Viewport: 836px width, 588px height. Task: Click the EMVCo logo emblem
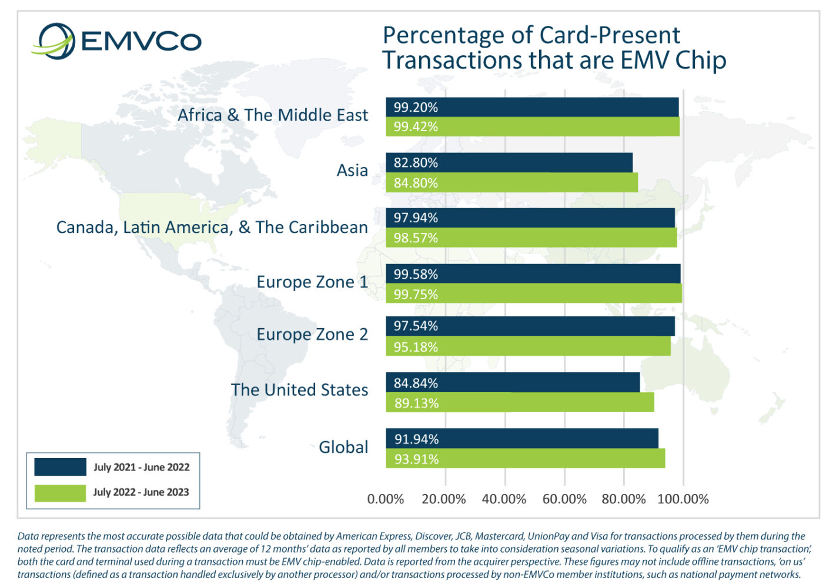coord(54,41)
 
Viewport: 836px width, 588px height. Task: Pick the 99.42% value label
coord(416,127)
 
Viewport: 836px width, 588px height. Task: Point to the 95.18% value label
coord(416,347)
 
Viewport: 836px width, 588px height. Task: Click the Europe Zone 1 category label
coord(312,282)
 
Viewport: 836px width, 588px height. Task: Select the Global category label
coord(343,447)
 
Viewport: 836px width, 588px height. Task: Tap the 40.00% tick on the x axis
coord(504,499)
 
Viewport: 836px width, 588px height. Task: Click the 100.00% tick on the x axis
coord(683,499)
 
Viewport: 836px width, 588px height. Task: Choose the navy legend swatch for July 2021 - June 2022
coord(60,467)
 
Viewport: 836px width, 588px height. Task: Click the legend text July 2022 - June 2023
coord(141,492)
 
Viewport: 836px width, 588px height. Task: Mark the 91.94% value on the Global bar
coord(416,439)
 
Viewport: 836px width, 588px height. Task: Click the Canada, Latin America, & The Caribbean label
coord(212,227)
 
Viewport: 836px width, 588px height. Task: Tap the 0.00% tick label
coord(385,499)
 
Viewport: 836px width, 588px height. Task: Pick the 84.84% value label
coord(416,383)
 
